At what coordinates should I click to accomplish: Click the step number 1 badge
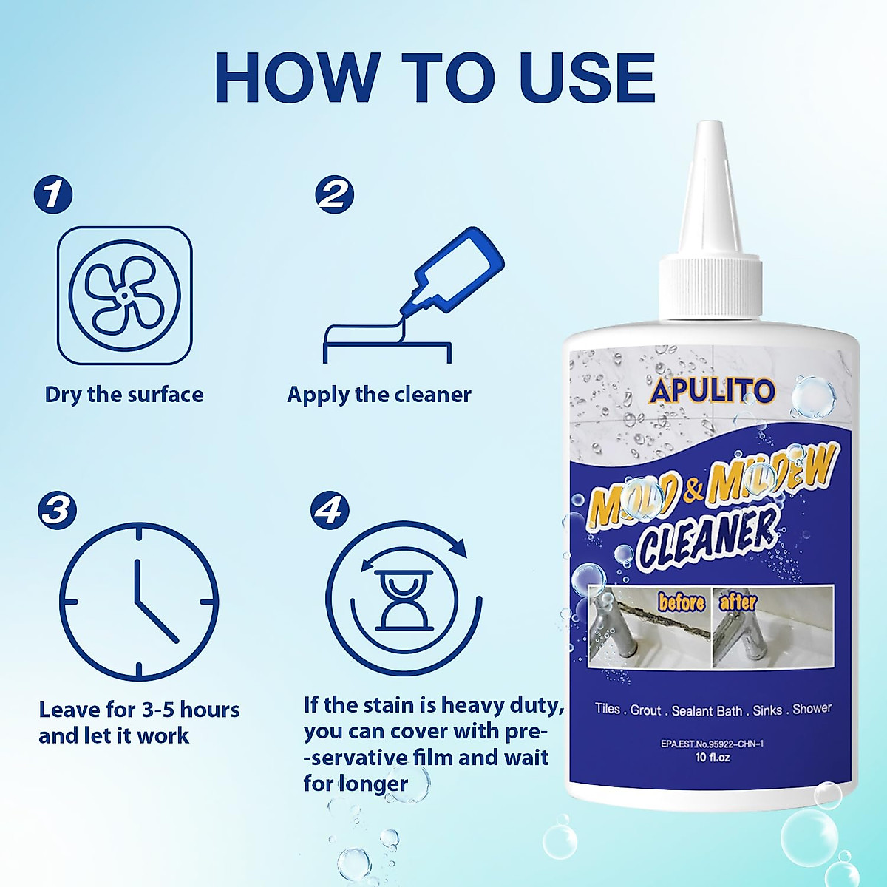53,194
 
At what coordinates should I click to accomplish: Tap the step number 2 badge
334,194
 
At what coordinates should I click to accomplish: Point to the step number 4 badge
330,510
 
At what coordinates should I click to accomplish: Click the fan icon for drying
124,295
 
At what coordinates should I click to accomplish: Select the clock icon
139,602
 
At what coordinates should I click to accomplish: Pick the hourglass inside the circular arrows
403,599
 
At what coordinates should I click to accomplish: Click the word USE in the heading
588,78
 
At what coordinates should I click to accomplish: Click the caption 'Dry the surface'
124,395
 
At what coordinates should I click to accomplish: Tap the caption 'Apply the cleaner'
379,395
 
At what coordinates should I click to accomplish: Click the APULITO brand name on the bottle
712,390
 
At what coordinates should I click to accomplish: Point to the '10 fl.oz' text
713,758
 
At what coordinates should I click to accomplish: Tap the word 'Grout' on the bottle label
645,710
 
